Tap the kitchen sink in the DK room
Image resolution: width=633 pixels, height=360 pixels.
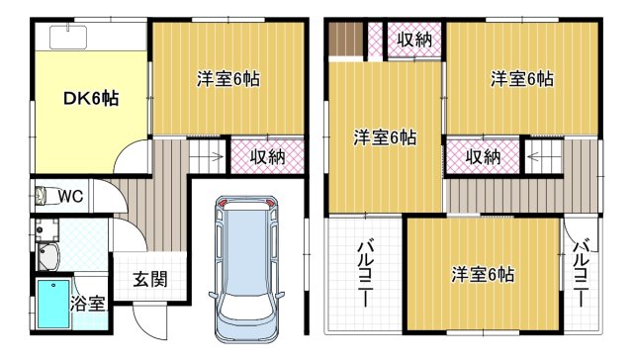point(65,38)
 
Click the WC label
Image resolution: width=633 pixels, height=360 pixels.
point(69,195)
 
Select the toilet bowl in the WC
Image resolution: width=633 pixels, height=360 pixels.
point(41,194)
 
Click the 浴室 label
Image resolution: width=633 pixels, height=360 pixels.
point(87,304)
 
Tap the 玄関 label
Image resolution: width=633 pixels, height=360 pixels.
point(149,278)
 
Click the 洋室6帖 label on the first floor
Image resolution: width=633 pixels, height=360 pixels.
point(227,78)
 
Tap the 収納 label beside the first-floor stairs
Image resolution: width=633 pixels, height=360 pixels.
point(267,156)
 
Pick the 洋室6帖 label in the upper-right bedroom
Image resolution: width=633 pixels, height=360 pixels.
point(521,78)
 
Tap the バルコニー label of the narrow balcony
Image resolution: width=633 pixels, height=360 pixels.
point(582,269)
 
